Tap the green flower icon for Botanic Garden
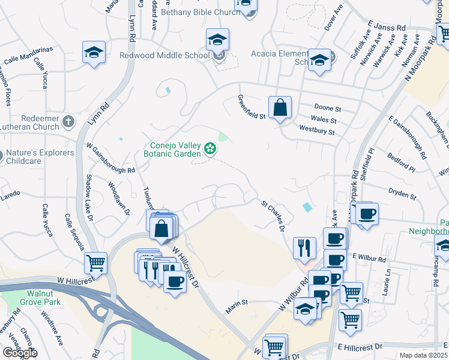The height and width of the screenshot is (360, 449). (210, 148)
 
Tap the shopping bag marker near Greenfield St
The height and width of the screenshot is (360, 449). (280, 108)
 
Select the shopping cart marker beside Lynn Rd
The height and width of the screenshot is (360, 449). (96, 262)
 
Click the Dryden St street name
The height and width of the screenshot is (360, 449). (403, 196)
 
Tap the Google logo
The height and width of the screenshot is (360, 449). (19, 353)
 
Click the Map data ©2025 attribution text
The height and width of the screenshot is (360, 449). (423, 355)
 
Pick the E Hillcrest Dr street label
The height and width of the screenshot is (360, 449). (360, 347)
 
